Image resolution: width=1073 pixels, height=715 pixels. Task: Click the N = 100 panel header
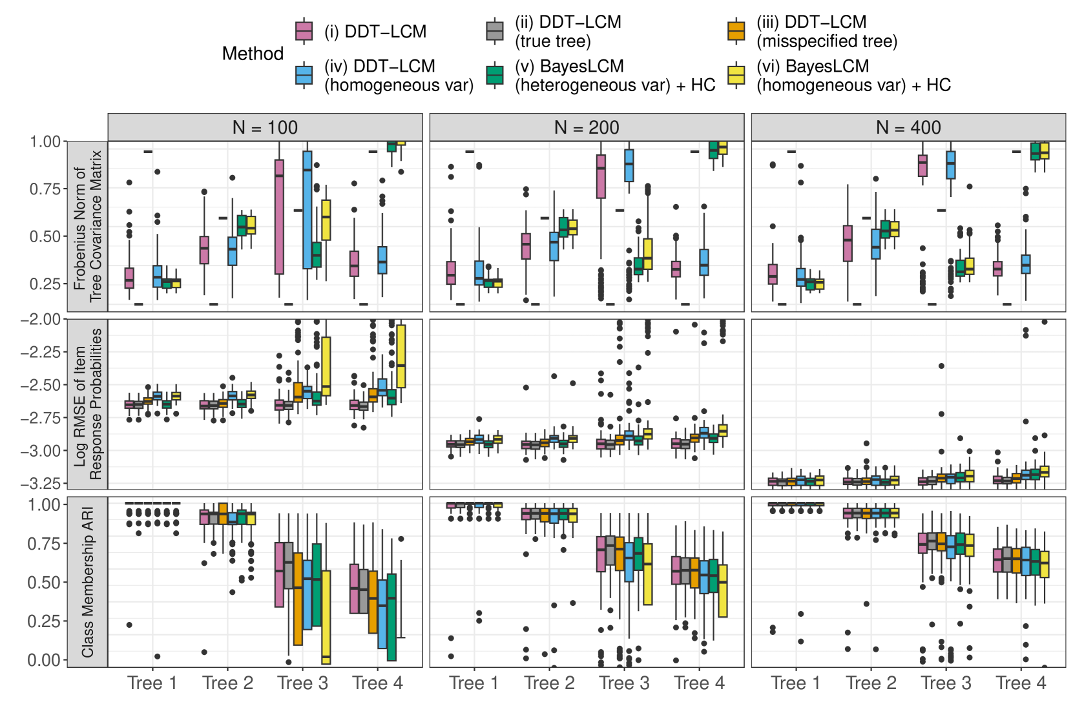(x=265, y=127)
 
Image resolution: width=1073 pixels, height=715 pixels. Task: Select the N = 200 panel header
(x=587, y=127)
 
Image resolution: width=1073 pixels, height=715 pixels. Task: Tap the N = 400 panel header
(x=908, y=127)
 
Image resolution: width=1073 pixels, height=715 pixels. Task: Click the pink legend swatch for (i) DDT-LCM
(x=304, y=31)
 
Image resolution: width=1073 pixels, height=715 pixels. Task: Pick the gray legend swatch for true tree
(x=494, y=31)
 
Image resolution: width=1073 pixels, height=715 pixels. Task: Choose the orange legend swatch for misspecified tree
(x=736, y=31)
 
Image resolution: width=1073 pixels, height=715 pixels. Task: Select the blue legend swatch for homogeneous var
(x=304, y=75)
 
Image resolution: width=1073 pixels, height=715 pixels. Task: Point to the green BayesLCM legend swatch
(x=494, y=75)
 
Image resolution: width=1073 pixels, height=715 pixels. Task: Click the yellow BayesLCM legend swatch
(x=736, y=75)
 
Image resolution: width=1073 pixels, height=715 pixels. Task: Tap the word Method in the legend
(x=253, y=54)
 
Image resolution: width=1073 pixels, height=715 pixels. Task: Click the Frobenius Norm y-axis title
(x=88, y=226)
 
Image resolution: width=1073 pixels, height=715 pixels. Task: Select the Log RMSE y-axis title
(x=88, y=404)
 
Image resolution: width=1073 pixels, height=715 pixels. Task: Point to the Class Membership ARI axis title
(x=88, y=581)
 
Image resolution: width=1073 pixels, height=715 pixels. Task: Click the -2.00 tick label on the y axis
(x=40, y=319)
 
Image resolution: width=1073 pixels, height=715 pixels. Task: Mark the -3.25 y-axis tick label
(x=40, y=483)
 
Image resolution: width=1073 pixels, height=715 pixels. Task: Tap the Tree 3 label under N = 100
(x=302, y=683)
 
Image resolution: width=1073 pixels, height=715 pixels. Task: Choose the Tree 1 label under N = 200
(x=474, y=683)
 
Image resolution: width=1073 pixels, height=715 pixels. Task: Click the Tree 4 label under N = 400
(x=1021, y=683)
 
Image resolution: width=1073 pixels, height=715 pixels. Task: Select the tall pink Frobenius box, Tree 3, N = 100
(x=279, y=216)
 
